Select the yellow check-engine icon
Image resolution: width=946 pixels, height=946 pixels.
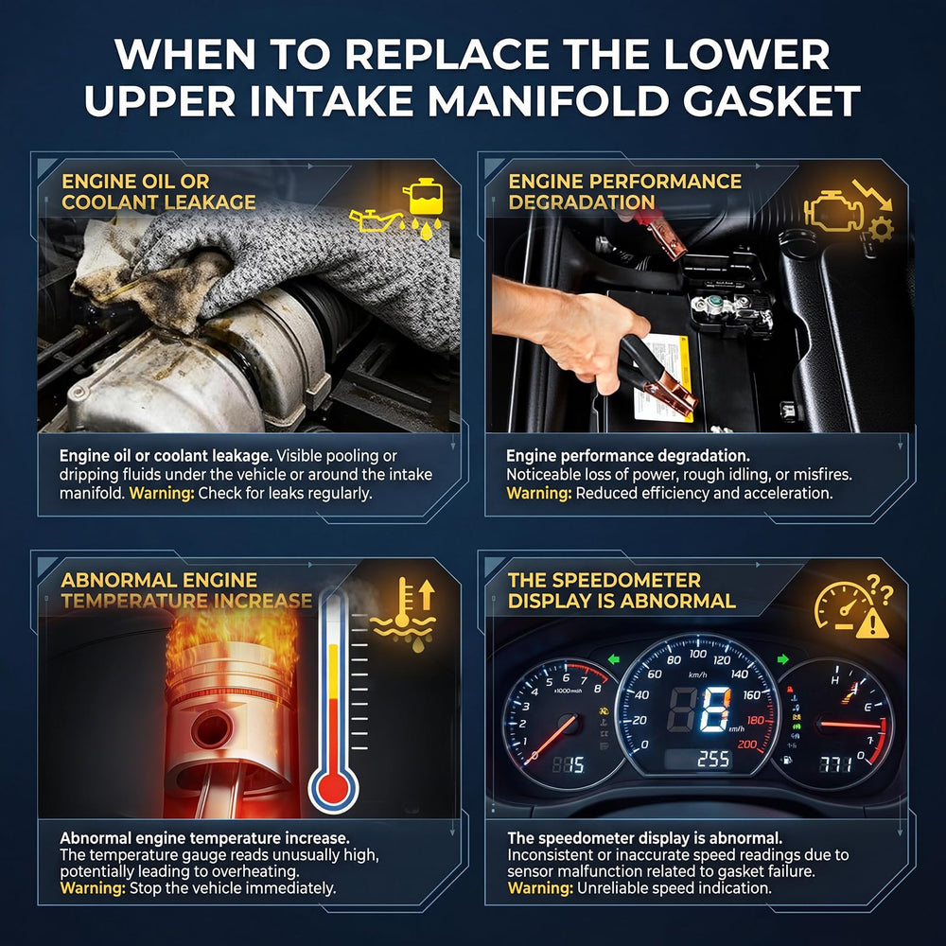click(x=833, y=211)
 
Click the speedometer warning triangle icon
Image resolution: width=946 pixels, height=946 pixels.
click(x=872, y=622)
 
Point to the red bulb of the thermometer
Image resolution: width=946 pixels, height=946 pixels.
click(x=333, y=787)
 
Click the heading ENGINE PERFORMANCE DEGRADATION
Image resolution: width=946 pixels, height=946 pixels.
click(x=624, y=191)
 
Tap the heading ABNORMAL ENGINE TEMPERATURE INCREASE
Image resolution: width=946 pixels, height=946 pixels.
click(x=186, y=590)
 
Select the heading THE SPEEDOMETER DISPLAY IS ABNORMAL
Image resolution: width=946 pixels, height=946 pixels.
click(x=622, y=590)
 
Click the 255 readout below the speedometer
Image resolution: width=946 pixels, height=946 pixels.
click(x=713, y=759)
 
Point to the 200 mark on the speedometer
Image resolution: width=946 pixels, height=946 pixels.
click(x=747, y=745)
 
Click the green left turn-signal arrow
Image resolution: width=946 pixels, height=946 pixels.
click(x=614, y=658)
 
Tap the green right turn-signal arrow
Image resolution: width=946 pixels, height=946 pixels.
click(x=782, y=658)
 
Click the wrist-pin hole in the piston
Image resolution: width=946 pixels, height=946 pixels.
click(x=211, y=728)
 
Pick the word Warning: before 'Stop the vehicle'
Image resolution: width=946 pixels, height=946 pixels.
click(x=93, y=888)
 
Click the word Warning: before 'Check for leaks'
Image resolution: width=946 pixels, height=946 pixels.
click(x=162, y=493)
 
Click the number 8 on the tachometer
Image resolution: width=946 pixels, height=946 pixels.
click(x=597, y=688)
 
